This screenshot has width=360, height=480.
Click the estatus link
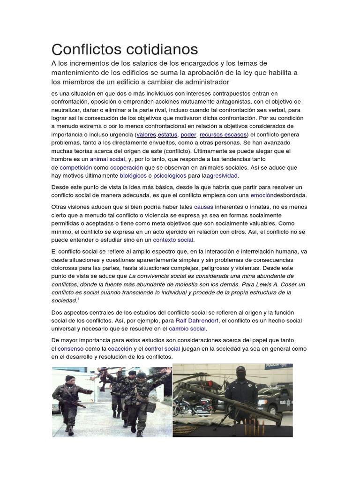coord(168,135)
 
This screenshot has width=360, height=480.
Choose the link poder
coord(188,135)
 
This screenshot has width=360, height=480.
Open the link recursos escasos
coord(222,135)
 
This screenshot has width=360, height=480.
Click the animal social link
coord(107,159)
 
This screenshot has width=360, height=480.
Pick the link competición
coord(75,167)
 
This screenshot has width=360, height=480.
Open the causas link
coord(203,207)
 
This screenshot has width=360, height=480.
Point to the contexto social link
coord(173,240)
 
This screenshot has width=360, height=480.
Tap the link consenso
coord(70,349)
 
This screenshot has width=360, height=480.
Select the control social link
coord(162,349)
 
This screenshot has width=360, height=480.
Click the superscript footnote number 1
coord(78,299)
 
